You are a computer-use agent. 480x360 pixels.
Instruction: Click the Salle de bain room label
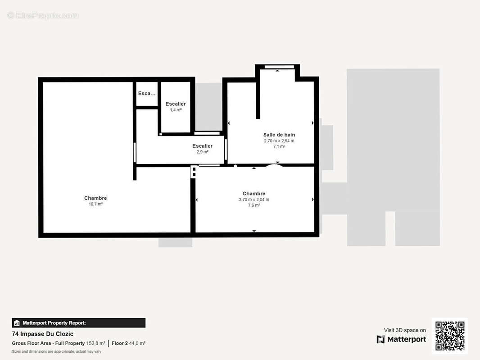(279, 135)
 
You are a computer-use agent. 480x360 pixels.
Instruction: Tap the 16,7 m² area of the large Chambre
(95, 204)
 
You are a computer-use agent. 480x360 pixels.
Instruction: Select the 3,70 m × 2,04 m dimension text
(254, 199)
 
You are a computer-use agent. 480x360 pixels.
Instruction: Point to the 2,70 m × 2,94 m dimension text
(279, 141)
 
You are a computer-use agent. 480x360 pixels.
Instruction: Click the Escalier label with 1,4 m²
(176, 104)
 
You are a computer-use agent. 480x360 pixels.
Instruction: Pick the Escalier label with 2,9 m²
(202, 146)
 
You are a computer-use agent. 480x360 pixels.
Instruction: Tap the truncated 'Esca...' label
(147, 93)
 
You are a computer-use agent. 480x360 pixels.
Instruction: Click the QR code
(450, 336)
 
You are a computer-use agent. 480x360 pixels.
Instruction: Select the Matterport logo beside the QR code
(401, 339)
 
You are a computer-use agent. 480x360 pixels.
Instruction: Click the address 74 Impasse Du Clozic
(42, 334)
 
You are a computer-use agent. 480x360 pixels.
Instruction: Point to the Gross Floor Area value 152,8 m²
(95, 343)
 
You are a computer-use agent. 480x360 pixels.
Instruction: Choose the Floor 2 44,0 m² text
(128, 343)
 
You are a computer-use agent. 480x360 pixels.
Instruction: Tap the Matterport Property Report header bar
(79, 323)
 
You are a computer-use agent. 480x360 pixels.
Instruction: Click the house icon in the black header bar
(17, 323)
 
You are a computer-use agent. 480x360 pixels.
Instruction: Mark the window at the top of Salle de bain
(279, 67)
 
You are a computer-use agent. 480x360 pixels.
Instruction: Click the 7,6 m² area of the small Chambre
(254, 205)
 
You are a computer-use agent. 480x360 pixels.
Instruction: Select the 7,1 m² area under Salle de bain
(279, 147)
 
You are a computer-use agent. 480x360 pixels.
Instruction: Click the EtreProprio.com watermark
(43, 15)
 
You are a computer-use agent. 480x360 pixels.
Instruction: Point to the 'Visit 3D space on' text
(405, 330)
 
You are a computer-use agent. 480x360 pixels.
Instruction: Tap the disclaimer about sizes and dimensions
(57, 351)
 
